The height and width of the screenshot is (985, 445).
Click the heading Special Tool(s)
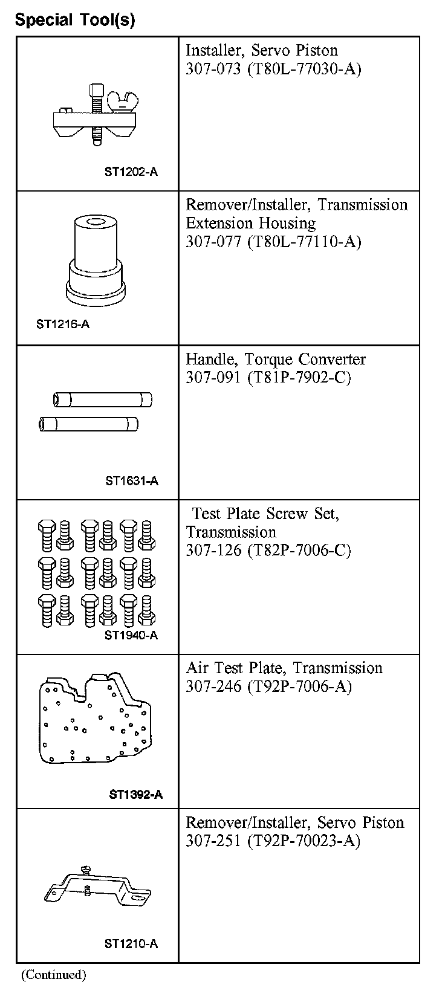click(x=75, y=21)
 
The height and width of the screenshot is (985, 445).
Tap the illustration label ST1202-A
click(x=131, y=172)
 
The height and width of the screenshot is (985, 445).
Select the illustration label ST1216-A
click(x=63, y=324)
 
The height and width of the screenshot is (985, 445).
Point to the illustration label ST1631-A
click(x=132, y=481)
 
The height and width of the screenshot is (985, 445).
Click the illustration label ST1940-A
click(x=131, y=635)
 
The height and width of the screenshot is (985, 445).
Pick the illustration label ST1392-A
click(x=136, y=795)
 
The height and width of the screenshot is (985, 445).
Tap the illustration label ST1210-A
click(x=131, y=944)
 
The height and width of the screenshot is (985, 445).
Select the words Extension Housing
click(x=250, y=223)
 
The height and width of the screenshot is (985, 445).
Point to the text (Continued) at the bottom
click(x=54, y=974)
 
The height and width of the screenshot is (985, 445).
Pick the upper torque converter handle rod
click(x=102, y=399)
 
